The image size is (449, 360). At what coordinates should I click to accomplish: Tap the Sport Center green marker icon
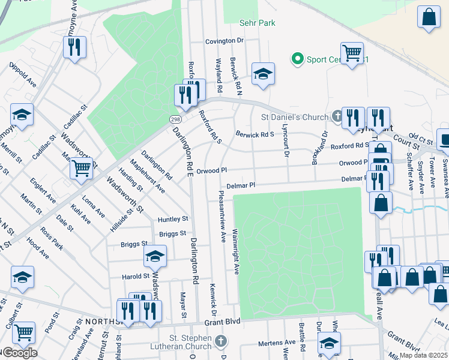point(297,59)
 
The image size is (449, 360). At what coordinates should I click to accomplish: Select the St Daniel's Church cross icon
point(338,116)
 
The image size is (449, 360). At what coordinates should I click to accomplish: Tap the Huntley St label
point(173,219)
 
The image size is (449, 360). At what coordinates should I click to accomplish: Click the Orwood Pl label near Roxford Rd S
point(215,170)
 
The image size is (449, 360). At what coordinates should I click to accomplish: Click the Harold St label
point(135,276)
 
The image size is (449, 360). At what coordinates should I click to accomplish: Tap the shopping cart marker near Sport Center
point(351,52)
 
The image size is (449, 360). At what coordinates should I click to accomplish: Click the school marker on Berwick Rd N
point(263,73)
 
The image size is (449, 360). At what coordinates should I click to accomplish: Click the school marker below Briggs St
point(155,257)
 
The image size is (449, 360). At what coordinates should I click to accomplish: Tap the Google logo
point(19,353)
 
